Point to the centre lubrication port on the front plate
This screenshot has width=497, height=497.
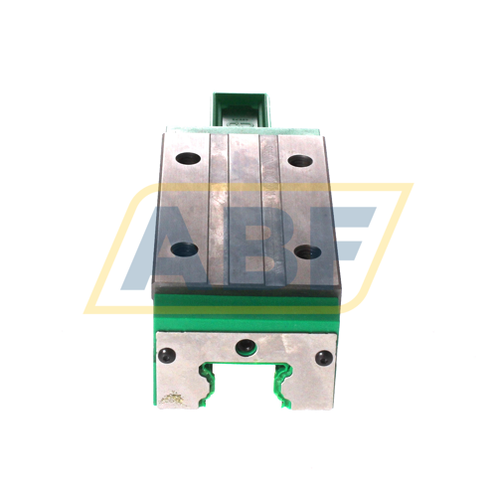245,346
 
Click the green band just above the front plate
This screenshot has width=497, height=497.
246,317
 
